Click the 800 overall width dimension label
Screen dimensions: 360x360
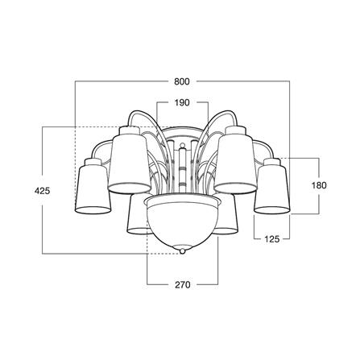(182, 81)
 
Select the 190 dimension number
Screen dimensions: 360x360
(182, 102)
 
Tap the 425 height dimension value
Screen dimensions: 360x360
(43, 191)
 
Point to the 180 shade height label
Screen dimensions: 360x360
(319, 185)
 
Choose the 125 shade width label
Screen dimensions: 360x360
(272, 238)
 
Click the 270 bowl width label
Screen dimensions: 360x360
(183, 284)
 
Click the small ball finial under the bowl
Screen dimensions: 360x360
(183, 251)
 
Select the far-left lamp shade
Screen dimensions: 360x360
(93, 188)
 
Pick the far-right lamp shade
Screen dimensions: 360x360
(272, 188)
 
